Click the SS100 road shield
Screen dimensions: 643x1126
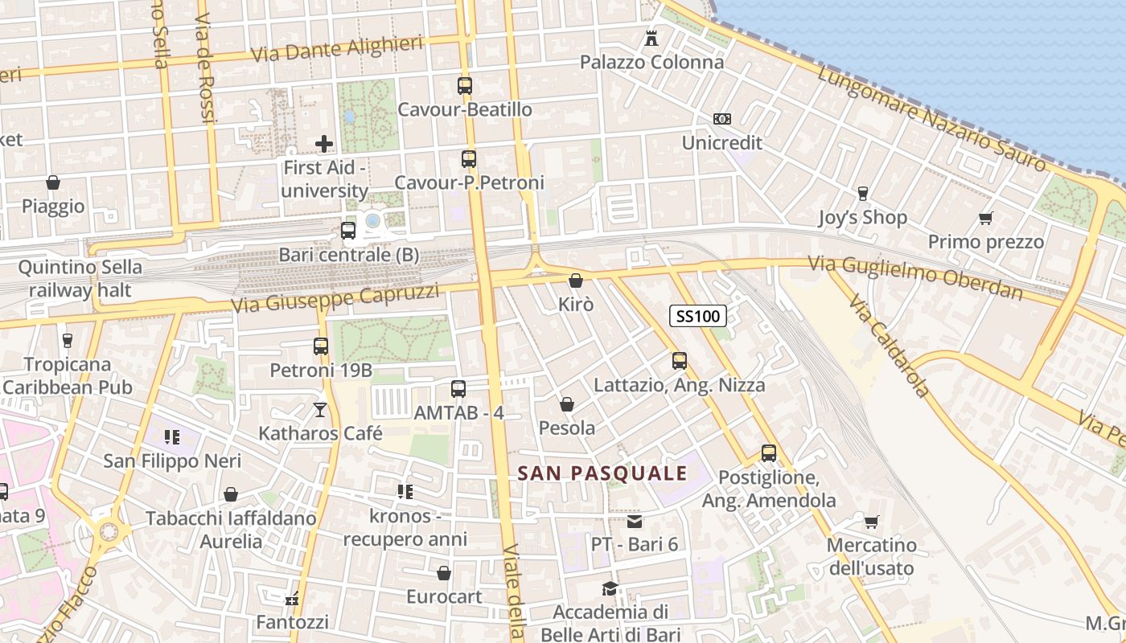698,316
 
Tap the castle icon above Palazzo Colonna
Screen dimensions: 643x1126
651,38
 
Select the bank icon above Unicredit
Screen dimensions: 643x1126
721,119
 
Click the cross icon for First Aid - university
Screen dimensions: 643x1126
324,144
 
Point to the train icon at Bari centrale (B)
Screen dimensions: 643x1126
348,231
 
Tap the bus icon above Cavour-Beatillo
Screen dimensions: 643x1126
465,85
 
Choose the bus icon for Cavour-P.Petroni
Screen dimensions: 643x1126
469,159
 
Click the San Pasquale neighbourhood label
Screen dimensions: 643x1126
602,473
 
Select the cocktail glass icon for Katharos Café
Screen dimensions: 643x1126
320,410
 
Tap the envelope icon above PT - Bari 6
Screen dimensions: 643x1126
635,522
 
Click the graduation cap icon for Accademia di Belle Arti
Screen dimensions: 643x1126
610,589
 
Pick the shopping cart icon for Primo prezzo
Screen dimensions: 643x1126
986,218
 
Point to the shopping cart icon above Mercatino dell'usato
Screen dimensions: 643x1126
871,522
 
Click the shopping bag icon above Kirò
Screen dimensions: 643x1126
576,281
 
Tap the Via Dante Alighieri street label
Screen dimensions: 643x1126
337,49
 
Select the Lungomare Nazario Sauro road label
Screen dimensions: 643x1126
932,118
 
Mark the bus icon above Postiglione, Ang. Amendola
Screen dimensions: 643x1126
769,453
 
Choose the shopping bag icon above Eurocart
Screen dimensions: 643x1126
443,574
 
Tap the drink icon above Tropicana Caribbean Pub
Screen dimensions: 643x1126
67,341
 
